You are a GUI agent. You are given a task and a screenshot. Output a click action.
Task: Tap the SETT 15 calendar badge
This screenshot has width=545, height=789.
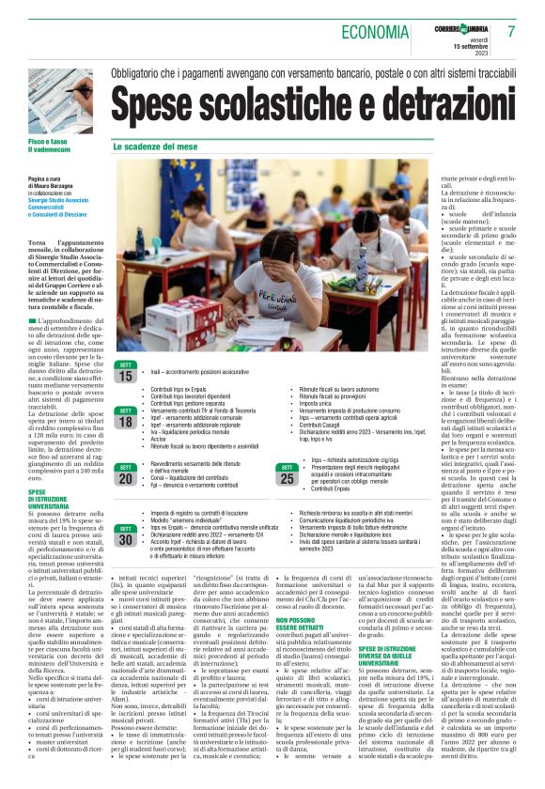[x=125, y=373]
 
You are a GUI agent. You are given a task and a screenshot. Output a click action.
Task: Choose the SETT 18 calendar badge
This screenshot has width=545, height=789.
[x=125, y=416]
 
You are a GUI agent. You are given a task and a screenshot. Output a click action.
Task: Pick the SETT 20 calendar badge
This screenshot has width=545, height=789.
[x=125, y=475]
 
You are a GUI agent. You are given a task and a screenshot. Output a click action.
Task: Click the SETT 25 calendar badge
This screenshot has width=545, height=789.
[x=287, y=475]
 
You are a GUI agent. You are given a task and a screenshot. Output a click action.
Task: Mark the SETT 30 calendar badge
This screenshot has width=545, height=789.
[x=125, y=537]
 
